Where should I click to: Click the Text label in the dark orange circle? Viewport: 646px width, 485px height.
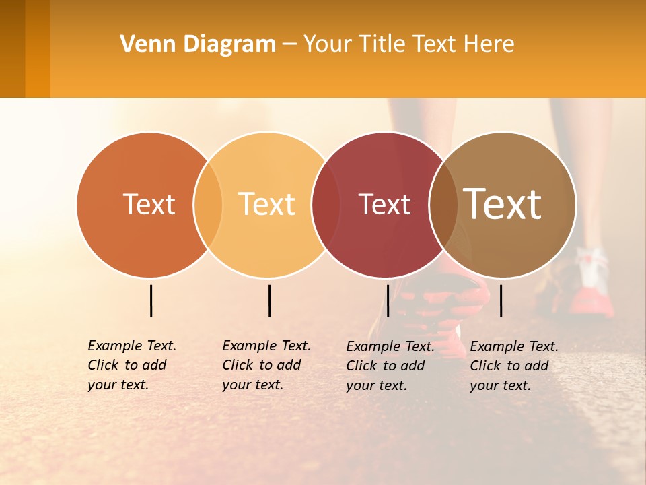[x=149, y=204]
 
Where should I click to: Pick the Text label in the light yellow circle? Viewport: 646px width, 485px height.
[x=267, y=204]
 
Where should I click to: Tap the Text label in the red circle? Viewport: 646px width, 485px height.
[x=384, y=204]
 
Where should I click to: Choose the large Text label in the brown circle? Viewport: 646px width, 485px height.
[x=503, y=204]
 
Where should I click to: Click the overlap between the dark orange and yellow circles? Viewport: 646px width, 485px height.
[x=208, y=204]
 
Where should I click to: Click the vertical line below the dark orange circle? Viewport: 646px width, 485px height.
[x=151, y=300]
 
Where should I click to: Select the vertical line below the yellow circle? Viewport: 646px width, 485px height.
[x=269, y=300]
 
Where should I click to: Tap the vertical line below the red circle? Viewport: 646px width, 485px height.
[x=388, y=300]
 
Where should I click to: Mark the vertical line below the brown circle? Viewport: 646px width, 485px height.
[x=501, y=300]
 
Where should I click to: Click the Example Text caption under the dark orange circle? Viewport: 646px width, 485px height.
[x=131, y=365]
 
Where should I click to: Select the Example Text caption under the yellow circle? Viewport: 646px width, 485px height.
[x=266, y=365]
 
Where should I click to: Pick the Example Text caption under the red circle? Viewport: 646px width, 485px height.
[x=390, y=366]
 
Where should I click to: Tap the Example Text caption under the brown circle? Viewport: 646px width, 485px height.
[x=513, y=366]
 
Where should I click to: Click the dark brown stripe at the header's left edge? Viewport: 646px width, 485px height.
[x=12, y=48]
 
